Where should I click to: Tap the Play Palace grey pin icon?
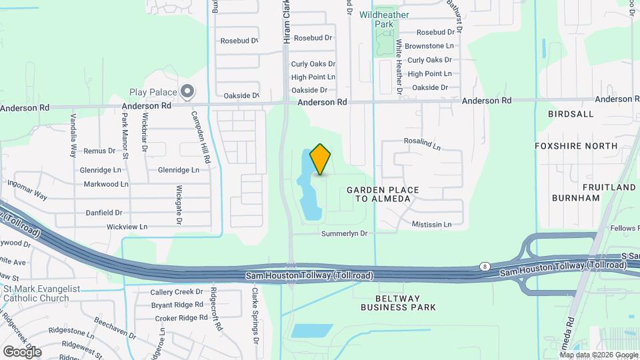[x=188, y=91]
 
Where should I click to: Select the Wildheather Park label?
[x=384, y=19]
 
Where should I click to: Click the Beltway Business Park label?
[x=398, y=303]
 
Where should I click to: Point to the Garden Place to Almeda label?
[x=383, y=194]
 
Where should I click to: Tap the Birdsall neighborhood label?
[x=571, y=114]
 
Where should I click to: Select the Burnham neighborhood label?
[x=576, y=198]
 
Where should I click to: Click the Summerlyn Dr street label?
[x=344, y=234]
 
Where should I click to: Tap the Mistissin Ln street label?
[x=437, y=224]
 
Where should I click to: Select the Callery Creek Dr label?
[x=176, y=292]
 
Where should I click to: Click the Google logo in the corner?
[x=22, y=351]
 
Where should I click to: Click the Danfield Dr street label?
[x=104, y=213]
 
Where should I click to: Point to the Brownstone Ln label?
[x=429, y=46]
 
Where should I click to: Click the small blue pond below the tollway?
[x=312, y=331]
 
